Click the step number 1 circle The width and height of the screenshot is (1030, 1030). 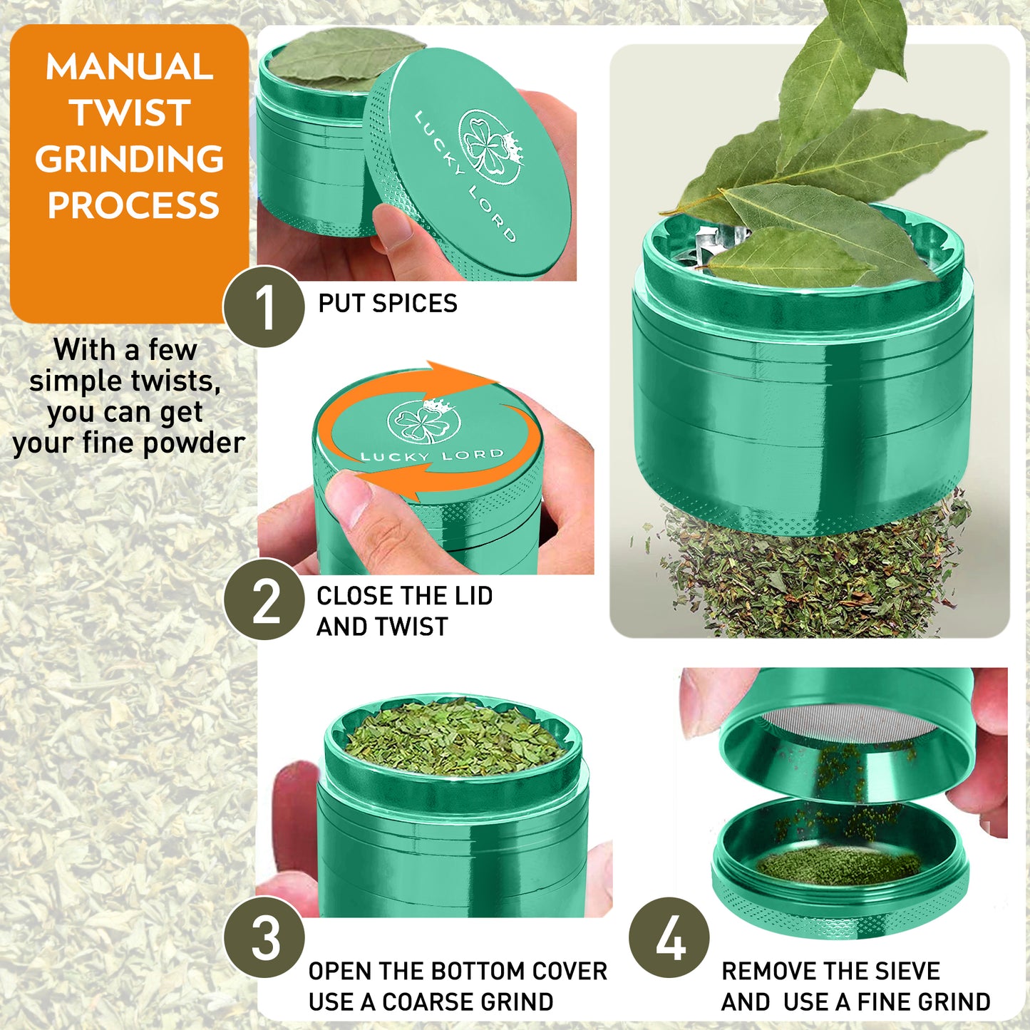[x=264, y=307]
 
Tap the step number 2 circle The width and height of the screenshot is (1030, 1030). [x=264, y=599]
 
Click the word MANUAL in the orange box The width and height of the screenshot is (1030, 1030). [x=129, y=67]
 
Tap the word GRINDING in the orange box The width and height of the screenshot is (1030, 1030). [x=129, y=159]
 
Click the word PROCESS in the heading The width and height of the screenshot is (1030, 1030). [x=133, y=205]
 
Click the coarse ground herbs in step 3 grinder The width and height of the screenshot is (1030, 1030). [x=455, y=736]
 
